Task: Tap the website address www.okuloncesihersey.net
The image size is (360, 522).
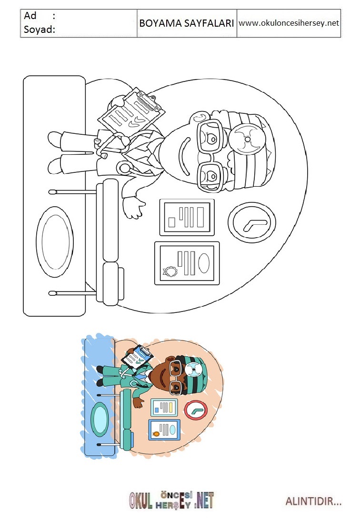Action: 289,23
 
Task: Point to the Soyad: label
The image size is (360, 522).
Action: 39,30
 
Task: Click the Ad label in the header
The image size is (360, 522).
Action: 30,15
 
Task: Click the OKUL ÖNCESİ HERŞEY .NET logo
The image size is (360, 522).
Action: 171,501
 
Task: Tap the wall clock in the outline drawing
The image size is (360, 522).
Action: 252,222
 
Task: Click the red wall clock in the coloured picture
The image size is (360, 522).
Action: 196,410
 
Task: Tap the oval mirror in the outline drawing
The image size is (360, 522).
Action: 55,241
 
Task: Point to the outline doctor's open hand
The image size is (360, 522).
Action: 134,207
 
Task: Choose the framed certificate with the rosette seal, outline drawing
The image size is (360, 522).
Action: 187,263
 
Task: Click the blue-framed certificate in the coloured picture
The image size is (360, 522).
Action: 164,430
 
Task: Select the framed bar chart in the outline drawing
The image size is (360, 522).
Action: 187,217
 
